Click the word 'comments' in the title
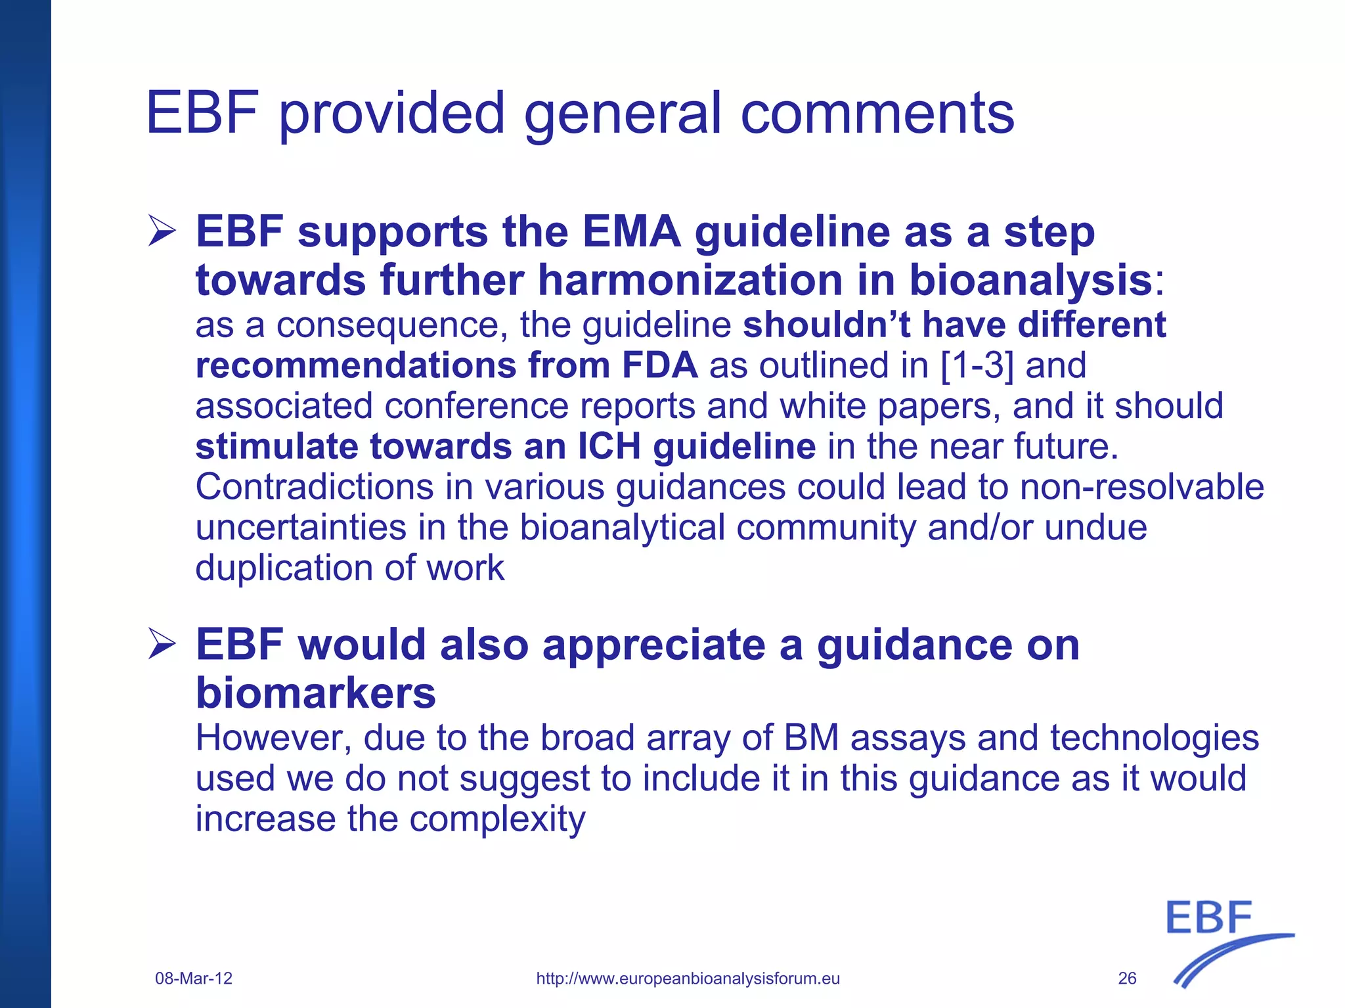pos(877,113)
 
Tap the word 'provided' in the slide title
pos(392,113)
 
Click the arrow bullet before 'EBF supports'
pos(162,231)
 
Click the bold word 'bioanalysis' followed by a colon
pos(1030,280)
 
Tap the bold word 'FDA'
pos(659,365)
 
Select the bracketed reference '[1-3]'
pos(977,365)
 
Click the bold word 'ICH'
pos(609,447)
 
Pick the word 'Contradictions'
pos(315,487)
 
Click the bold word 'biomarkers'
pos(316,693)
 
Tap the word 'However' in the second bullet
pos(273,738)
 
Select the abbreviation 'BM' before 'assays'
pos(811,738)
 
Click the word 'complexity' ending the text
pos(497,819)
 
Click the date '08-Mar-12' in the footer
pos(194,978)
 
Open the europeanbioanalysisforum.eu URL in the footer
pos(688,978)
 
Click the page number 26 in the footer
pos(1127,978)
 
